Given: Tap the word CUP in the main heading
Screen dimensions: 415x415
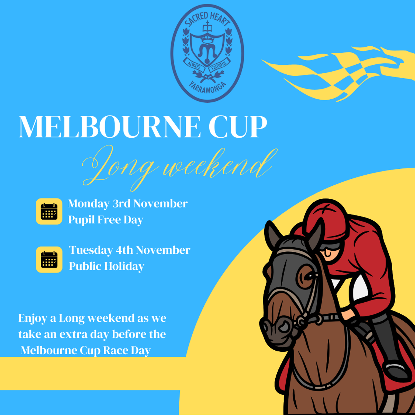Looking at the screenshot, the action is point(238,127).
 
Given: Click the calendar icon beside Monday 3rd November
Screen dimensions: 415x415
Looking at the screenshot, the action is point(49,211).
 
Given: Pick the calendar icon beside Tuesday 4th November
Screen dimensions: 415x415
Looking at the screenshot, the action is point(49,259).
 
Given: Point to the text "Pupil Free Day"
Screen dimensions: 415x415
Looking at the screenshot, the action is point(106,220).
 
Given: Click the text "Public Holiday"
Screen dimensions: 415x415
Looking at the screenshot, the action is point(107,266).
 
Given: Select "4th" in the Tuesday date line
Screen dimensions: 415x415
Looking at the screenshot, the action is point(124,250).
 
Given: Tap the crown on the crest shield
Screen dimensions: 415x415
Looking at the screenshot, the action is point(207,39).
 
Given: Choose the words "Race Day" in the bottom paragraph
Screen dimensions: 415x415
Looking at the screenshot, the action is point(127,351).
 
